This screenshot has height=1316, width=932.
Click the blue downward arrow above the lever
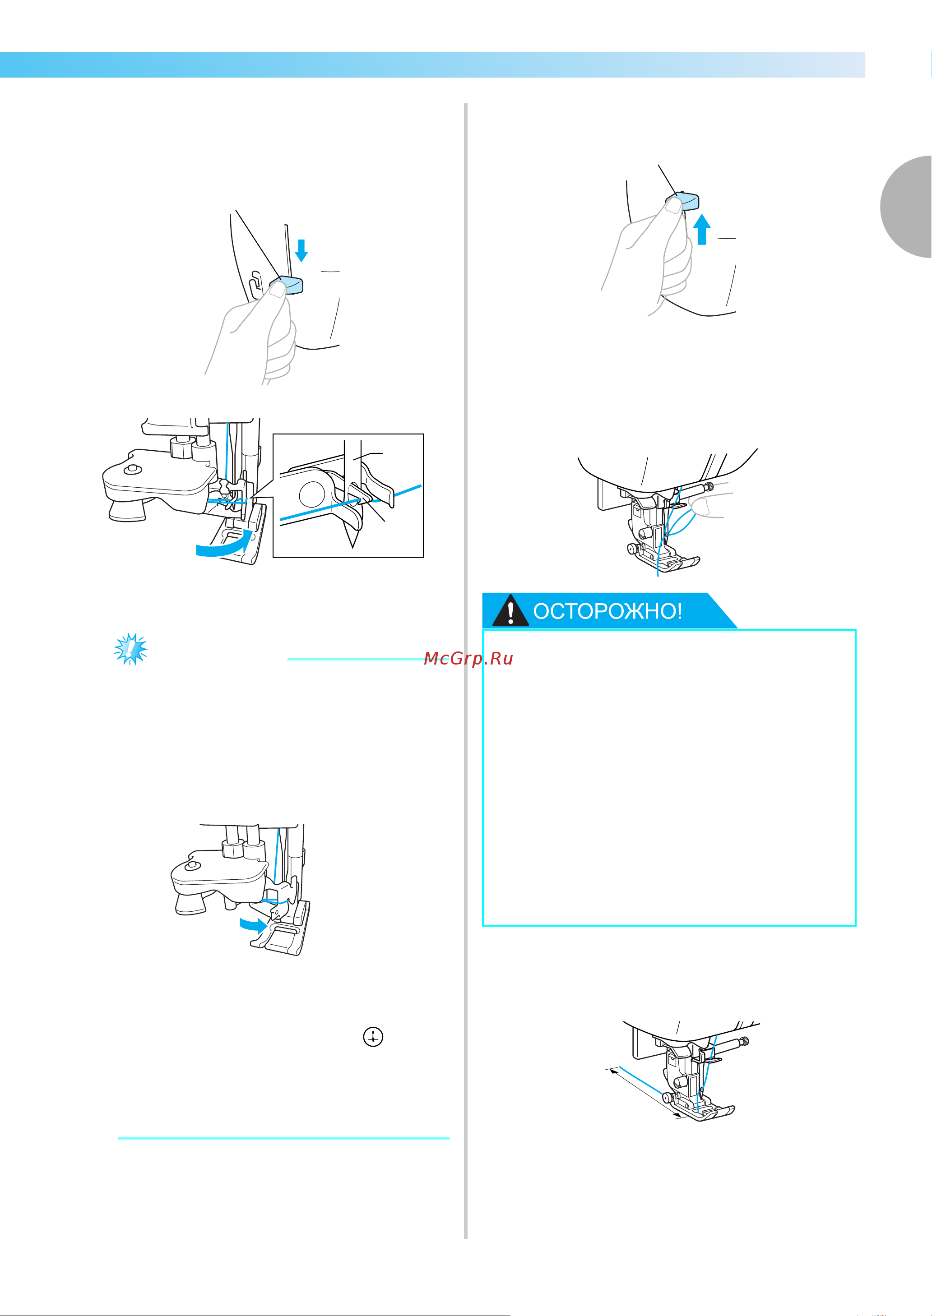pos(301,250)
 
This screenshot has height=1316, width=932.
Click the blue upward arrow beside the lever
pos(702,230)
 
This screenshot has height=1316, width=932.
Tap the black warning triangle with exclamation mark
pos(510,610)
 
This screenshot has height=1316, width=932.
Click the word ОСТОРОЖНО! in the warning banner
pos(608,611)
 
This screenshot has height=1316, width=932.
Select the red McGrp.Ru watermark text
pos(468,659)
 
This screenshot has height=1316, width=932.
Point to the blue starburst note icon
pos(131,649)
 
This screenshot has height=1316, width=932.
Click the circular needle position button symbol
pos(373,1037)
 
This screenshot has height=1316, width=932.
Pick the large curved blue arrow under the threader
pos(224,545)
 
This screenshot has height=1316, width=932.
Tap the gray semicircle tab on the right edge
pos(906,207)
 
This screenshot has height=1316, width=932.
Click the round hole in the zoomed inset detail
pos(311,494)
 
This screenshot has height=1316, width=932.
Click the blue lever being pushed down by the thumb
pos(287,285)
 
